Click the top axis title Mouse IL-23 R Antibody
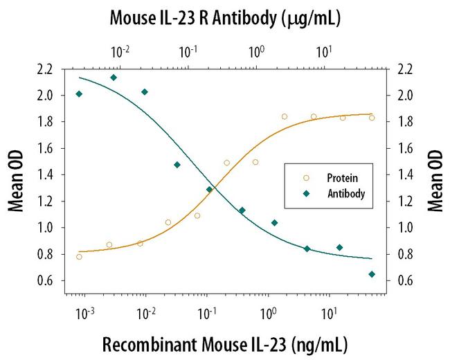click(x=224, y=18)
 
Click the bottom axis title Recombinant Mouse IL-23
click(x=224, y=344)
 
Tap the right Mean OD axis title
click(x=435, y=174)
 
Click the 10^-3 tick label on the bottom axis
click(x=85, y=314)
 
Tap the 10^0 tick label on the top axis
click(x=257, y=51)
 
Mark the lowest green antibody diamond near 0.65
click(x=372, y=274)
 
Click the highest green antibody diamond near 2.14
click(x=114, y=78)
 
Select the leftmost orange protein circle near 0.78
click(x=79, y=257)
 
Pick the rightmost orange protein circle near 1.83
click(x=372, y=118)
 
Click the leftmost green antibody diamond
click(x=79, y=94)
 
